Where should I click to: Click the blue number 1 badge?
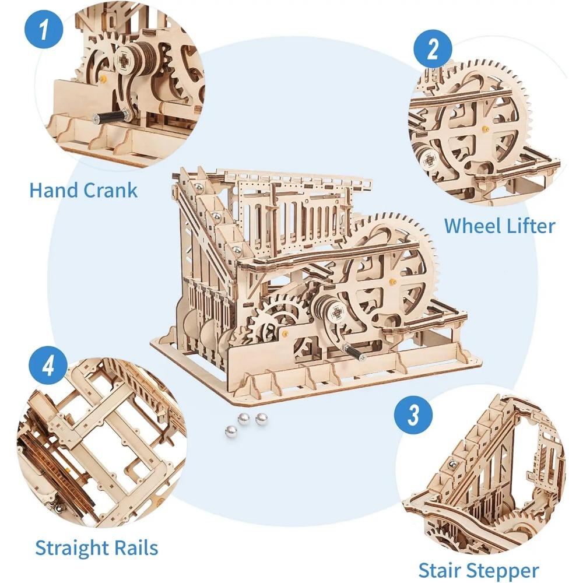(x=44, y=29)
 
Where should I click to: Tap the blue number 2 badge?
(x=433, y=49)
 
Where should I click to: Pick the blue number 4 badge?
(x=48, y=366)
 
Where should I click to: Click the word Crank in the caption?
(x=110, y=190)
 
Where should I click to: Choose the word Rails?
(x=136, y=547)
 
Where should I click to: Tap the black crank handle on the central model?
(x=354, y=352)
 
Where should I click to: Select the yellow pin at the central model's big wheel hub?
(x=392, y=281)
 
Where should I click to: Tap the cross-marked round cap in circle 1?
(x=122, y=59)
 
